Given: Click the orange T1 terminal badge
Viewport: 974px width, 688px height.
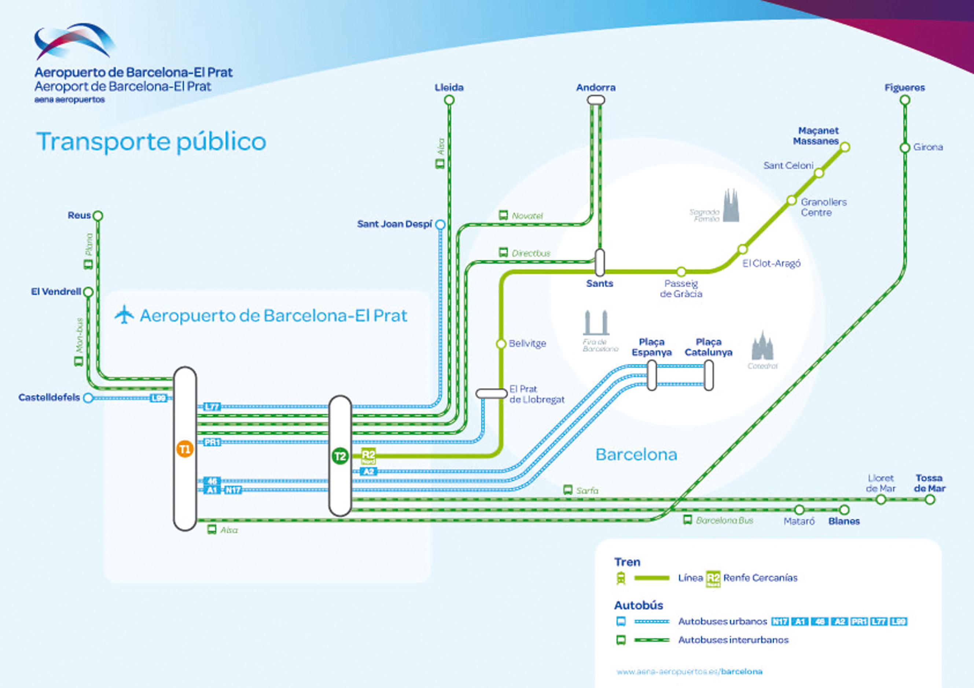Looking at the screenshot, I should click(x=185, y=450).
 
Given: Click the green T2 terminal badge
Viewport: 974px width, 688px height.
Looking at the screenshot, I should click(x=340, y=456).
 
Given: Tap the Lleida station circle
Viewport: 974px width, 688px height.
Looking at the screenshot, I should click(x=449, y=100).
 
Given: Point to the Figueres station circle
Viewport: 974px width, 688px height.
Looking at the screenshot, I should click(x=905, y=100).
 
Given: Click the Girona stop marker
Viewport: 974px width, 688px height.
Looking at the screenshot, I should click(x=905, y=148).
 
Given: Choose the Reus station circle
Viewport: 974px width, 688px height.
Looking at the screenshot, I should click(x=98, y=216).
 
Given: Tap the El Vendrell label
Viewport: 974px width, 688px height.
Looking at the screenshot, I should click(x=56, y=292).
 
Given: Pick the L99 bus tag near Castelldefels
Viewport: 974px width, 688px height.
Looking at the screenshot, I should click(x=159, y=398).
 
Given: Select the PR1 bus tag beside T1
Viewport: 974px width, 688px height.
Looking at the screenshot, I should click(x=212, y=442).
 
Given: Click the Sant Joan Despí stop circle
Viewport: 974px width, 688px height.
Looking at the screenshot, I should click(x=441, y=225).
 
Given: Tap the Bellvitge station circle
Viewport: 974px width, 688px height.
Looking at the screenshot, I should click(x=501, y=343).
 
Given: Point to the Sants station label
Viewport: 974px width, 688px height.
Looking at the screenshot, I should click(x=599, y=284).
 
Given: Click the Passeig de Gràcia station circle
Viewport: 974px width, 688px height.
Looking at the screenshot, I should click(x=681, y=271).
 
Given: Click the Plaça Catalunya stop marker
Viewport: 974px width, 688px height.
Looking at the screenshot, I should click(x=709, y=375).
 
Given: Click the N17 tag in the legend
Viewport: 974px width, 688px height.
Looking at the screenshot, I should click(x=780, y=621).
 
